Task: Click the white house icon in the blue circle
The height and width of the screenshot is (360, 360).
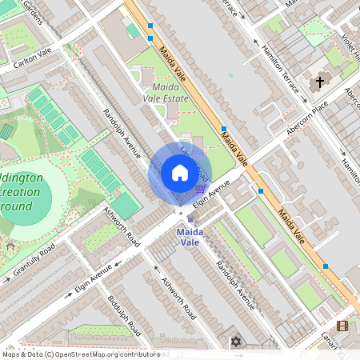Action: click(179, 173)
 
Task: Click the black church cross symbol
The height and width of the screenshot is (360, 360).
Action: click(320, 81)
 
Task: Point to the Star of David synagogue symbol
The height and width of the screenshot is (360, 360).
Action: click(235, 342)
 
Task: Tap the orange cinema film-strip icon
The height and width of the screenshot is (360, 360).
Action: click(342, 326)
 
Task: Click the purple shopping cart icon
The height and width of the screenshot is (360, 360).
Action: click(198, 189)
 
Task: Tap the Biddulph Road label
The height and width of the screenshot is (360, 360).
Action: click(124, 316)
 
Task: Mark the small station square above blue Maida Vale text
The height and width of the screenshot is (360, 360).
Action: click(190, 219)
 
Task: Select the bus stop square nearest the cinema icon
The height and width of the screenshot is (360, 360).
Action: click(325, 266)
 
